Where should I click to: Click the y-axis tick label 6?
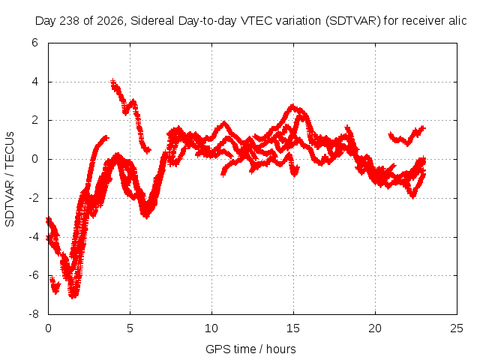pyautogui.click(x=34, y=43)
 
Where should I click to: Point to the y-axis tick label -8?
pyautogui.click(x=34, y=314)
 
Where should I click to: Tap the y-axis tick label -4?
pyautogui.click(x=34, y=237)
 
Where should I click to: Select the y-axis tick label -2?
pyautogui.click(x=34, y=198)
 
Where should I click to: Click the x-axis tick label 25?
pyautogui.click(x=457, y=328)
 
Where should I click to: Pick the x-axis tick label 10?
pyautogui.click(x=211, y=328)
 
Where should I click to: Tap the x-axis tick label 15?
pyautogui.click(x=293, y=328)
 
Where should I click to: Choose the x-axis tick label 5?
pyautogui.click(x=130, y=328)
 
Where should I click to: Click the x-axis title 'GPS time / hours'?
pyautogui.click(x=250, y=349)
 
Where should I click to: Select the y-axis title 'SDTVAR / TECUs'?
pyautogui.click(x=10, y=179)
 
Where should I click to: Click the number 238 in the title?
pyautogui.click(x=70, y=21)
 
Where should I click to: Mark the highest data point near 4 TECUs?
pyautogui.click(x=113, y=81)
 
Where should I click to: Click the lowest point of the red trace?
pyautogui.click(x=73, y=296)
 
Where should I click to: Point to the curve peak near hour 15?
pyautogui.click(x=292, y=106)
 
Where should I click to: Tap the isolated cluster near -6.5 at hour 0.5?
pyautogui.click(x=55, y=285)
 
